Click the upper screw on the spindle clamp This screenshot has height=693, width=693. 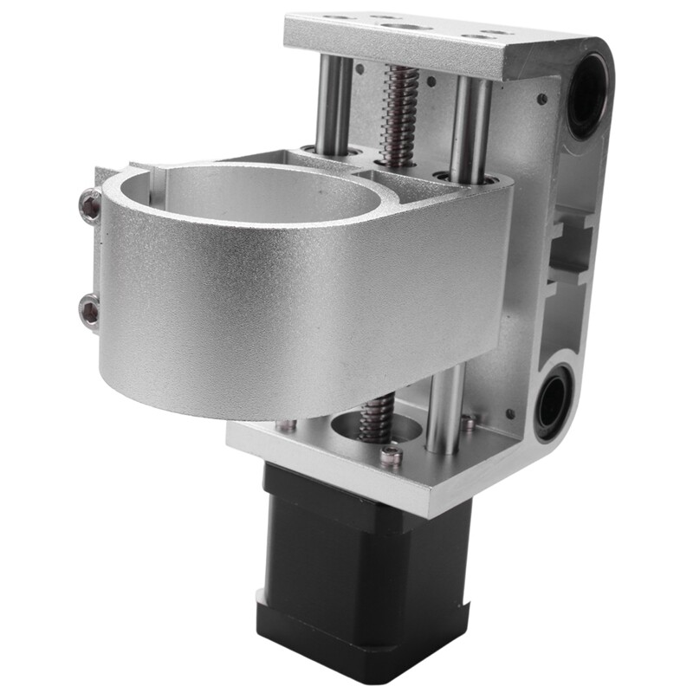coord(90,205)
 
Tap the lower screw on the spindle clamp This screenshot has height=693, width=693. coord(89,309)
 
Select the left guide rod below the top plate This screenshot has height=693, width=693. coord(333,104)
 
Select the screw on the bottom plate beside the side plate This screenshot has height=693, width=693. coord(469,424)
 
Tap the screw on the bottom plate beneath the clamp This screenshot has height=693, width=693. coord(286,425)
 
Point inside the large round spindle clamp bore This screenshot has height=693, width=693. coord(260,195)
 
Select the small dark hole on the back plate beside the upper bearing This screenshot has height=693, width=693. coord(541,100)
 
